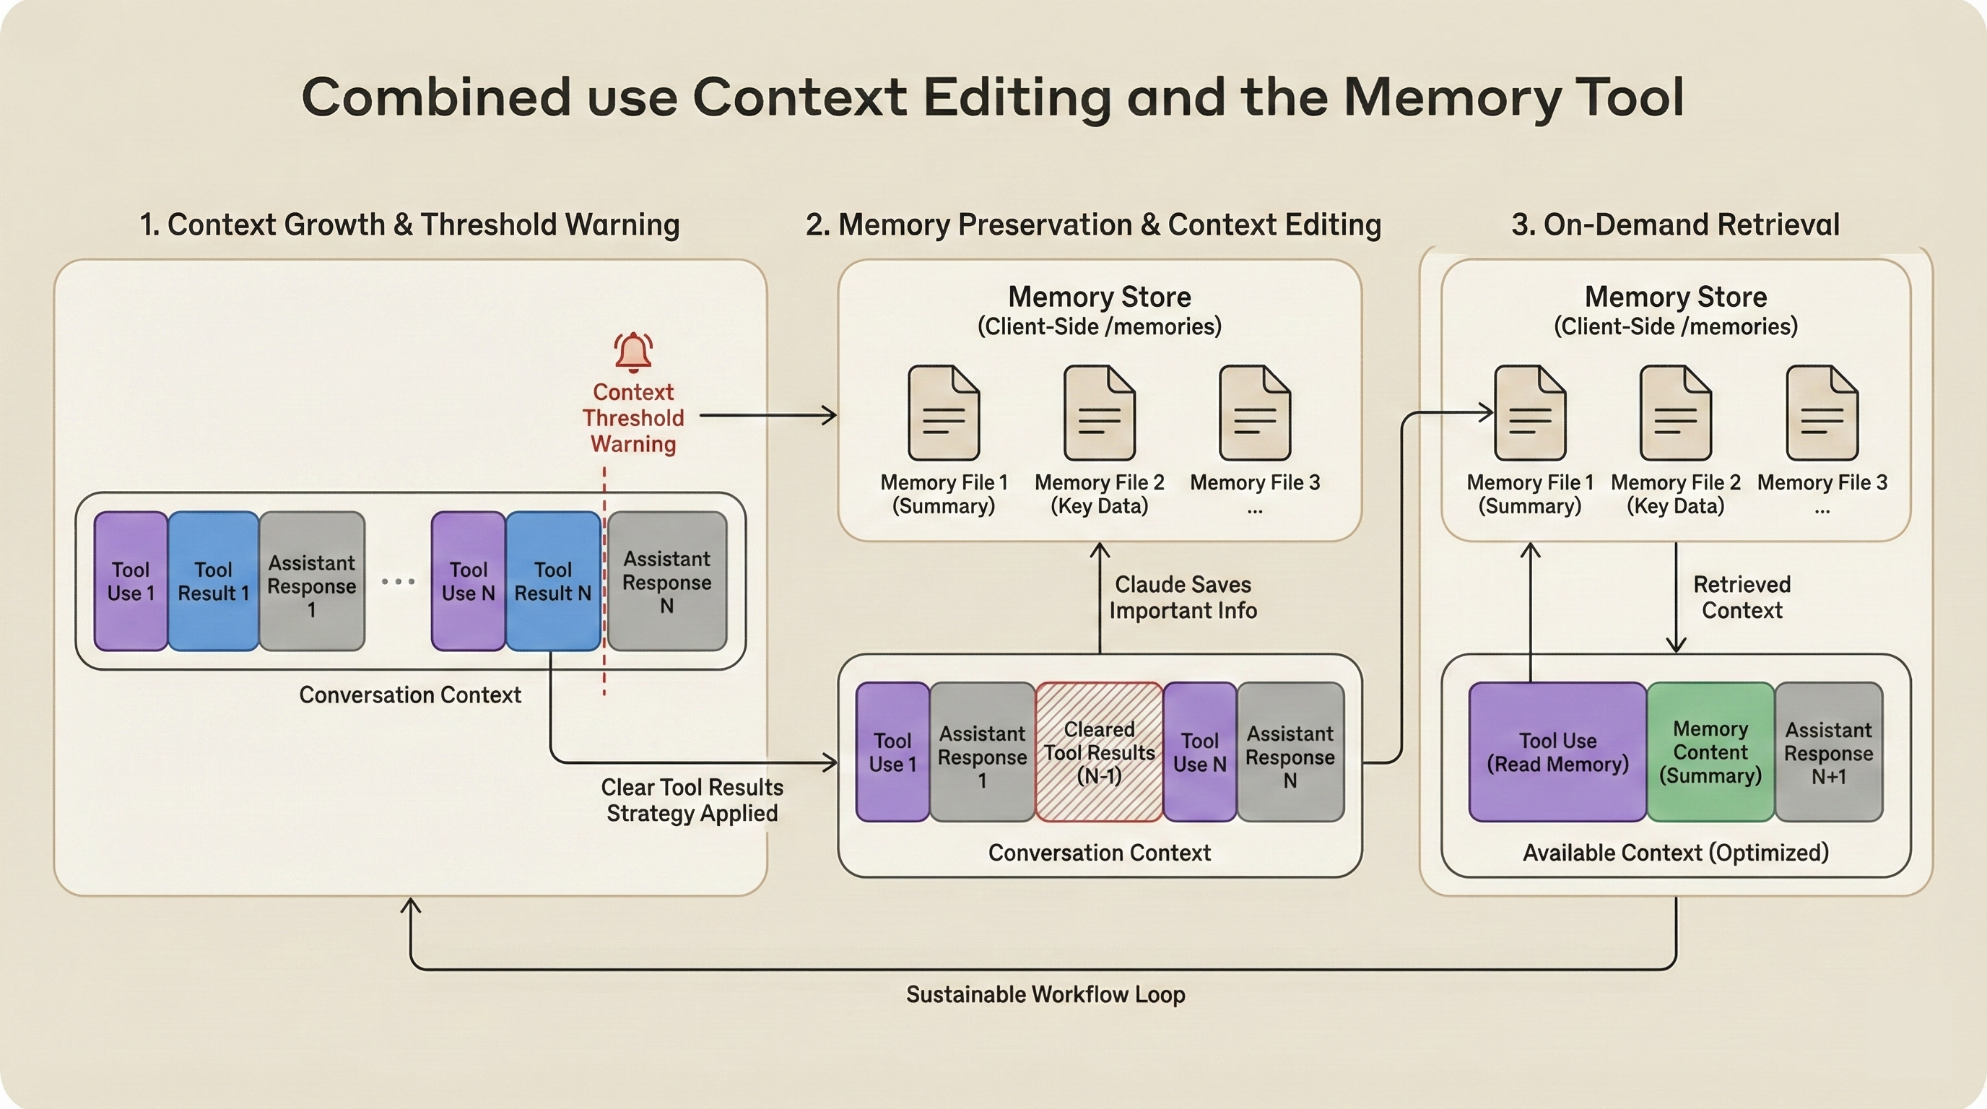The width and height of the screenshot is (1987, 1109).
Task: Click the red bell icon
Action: pos(633,352)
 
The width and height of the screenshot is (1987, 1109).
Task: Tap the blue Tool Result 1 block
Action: pos(213,580)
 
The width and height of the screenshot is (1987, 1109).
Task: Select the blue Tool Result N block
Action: pos(552,580)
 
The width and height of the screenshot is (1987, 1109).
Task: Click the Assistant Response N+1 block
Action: pos(1828,752)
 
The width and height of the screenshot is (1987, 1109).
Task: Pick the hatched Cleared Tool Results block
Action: pos(1098,752)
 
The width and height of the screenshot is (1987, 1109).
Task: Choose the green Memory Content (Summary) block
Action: pos(1710,752)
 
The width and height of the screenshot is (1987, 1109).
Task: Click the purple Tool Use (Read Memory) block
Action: pos(1557,752)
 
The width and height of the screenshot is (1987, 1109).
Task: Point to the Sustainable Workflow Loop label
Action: pos(1045,994)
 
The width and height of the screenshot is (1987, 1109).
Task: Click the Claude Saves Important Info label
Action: pos(1183,597)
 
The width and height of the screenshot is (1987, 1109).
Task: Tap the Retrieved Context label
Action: pos(1742,597)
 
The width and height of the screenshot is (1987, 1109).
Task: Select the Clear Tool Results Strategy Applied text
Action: pos(692,800)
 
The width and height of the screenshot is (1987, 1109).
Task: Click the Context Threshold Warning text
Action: pos(633,418)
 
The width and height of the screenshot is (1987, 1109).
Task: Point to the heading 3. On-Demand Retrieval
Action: pos(1674,225)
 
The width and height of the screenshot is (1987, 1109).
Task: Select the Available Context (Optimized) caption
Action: pos(1675,852)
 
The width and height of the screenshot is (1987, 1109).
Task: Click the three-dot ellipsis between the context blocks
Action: pos(398,581)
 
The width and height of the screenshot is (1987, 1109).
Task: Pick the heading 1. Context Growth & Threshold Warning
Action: pos(409,225)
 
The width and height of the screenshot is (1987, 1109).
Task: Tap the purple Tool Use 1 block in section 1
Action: pos(131,580)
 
